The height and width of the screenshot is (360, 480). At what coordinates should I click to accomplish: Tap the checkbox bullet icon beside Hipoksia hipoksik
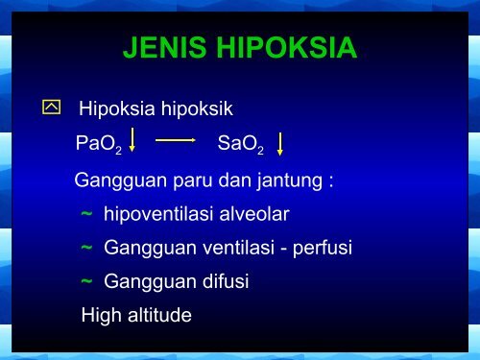pyautogui.click(x=51, y=108)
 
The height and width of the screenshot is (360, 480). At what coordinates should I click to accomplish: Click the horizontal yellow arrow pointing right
pyautogui.click(x=176, y=140)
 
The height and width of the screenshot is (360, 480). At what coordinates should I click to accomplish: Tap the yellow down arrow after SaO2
pyautogui.click(x=280, y=145)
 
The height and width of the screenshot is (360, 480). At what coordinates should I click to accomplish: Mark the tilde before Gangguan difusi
pyautogui.click(x=86, y=281)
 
